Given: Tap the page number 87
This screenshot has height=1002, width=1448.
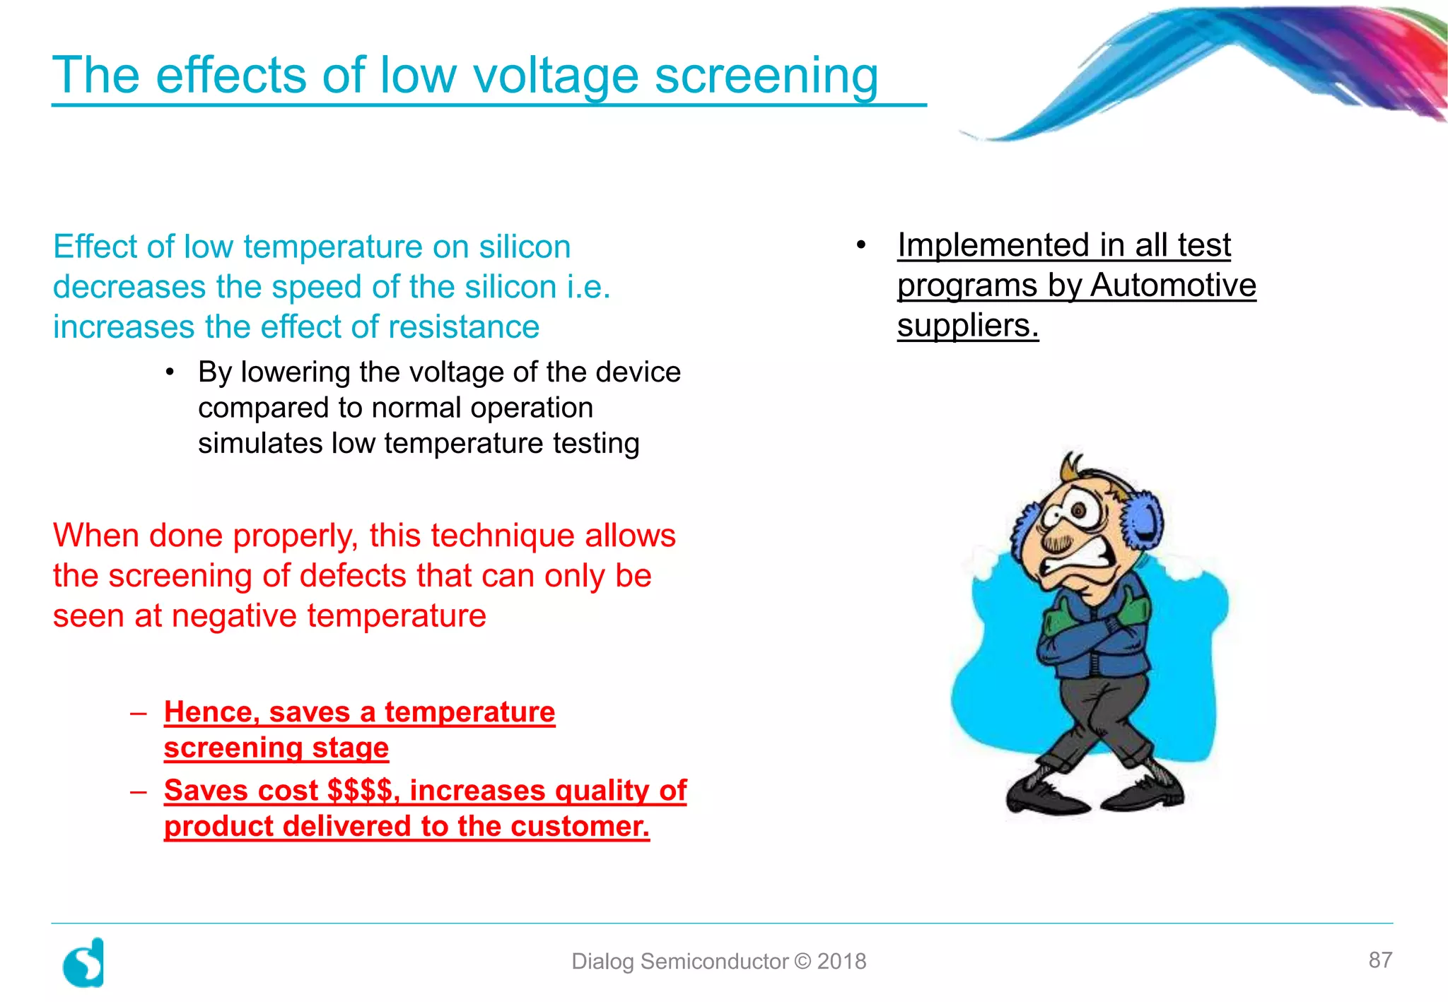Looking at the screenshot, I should tap(1380, 960).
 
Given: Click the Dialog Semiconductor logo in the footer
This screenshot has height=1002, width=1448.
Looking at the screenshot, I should tap(84, 962).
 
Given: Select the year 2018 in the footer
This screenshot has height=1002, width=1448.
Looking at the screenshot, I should tap(841, 961).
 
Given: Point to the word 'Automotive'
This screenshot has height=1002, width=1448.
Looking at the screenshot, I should tap(1173, 285).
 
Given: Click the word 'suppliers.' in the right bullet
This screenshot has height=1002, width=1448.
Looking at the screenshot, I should tap(967, 326).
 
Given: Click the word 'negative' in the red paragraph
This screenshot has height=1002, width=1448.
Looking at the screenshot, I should tap(233, 616).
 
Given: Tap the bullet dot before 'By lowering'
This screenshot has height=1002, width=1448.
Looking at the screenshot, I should tap(170, 372).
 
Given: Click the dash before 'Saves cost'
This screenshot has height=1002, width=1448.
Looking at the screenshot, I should tap(138, 791).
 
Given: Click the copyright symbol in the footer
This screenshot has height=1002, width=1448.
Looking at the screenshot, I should tap(802, 961).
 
